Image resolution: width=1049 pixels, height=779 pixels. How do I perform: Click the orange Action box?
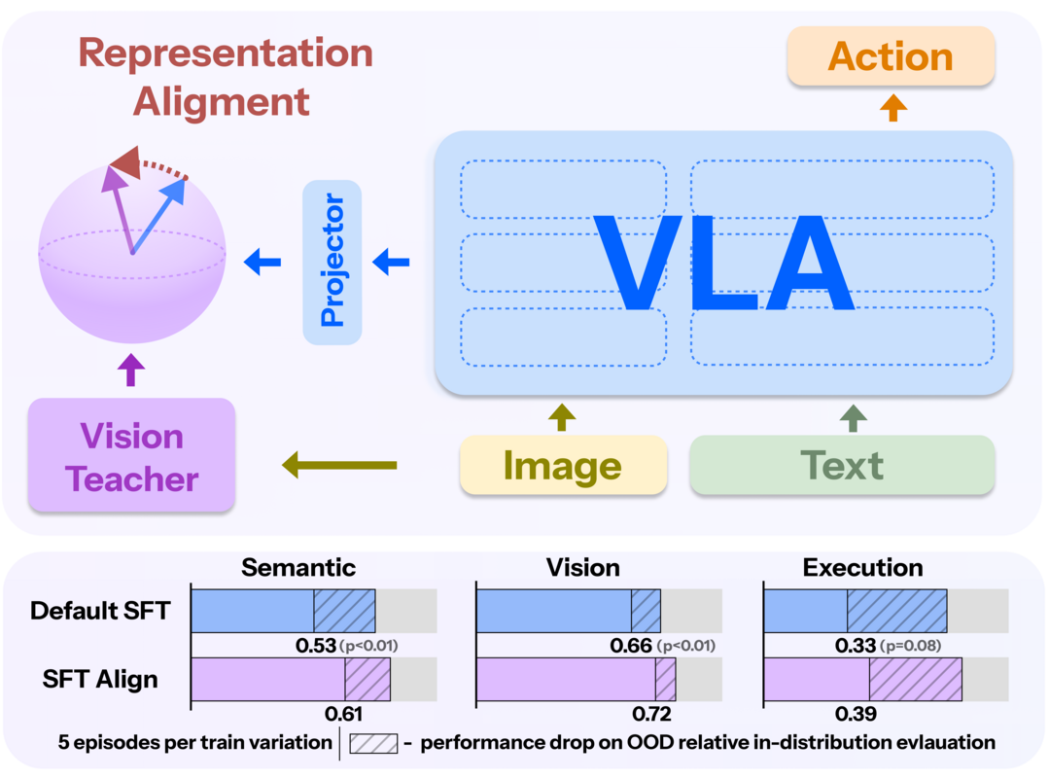tap(891, 56)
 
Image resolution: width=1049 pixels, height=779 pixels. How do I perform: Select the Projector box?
tap(332, 262)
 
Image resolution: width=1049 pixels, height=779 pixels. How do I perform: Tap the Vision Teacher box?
tap(132, 456)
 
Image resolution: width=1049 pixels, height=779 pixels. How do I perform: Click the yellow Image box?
tap(563, 466)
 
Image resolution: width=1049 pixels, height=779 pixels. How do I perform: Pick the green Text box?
tap(842, 466)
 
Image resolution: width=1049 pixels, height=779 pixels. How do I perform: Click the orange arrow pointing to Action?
tap(892, 108)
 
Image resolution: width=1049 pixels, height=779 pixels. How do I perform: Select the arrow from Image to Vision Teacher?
tap(339, 466)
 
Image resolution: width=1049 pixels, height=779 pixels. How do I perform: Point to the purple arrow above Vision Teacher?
tap(132, 371)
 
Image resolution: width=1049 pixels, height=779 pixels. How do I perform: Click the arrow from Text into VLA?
tap(854, 417)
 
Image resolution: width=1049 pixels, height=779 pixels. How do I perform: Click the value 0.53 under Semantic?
tap(315, 645)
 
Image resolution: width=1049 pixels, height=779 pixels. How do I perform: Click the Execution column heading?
tap(862, 567)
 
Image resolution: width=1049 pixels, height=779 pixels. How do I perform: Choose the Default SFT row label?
tap(100, 611)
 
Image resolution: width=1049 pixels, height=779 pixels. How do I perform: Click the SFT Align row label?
tap(100, 679)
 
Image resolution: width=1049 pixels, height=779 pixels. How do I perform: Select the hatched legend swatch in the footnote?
tap(373, 743)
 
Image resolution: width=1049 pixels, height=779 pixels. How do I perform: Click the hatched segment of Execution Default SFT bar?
tap(896, 610)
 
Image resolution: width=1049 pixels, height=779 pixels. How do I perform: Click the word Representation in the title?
tap(226, 53)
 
